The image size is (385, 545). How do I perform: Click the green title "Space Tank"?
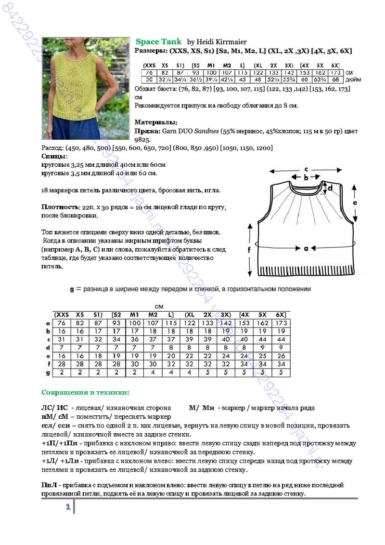158,42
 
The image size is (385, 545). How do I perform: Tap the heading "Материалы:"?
156,122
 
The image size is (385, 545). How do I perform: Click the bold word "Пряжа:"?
147,131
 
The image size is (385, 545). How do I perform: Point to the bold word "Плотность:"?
60,207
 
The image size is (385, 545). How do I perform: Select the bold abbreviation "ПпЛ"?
48,485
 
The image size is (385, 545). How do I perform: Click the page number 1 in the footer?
68,506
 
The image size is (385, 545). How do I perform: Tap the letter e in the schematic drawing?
355,203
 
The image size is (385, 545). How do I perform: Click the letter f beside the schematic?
249,250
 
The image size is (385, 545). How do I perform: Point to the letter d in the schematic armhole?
330,188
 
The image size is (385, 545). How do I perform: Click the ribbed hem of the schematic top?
306,269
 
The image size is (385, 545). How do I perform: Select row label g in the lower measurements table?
47,372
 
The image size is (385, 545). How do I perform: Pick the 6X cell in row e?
282,356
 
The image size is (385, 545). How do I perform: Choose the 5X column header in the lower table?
263,314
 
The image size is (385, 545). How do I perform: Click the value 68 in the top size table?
335,80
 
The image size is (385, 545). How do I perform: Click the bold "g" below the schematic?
71,289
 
